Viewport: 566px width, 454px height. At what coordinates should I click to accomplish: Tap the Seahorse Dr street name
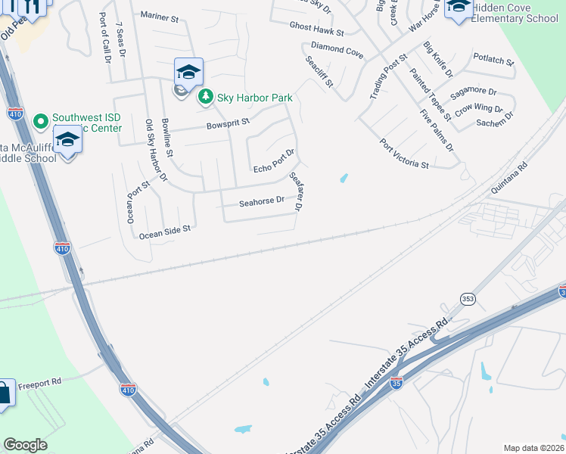point(261,201)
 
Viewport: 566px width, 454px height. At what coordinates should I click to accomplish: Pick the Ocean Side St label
point(164,231)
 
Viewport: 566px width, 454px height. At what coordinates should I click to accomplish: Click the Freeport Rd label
point(39,383)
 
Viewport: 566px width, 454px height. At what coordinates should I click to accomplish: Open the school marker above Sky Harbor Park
point(188,73)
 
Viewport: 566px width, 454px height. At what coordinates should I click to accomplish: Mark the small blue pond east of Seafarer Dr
point(344,179)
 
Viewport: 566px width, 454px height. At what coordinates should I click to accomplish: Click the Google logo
point(25,445)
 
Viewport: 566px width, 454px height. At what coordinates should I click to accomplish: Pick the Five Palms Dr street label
point(437,129)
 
